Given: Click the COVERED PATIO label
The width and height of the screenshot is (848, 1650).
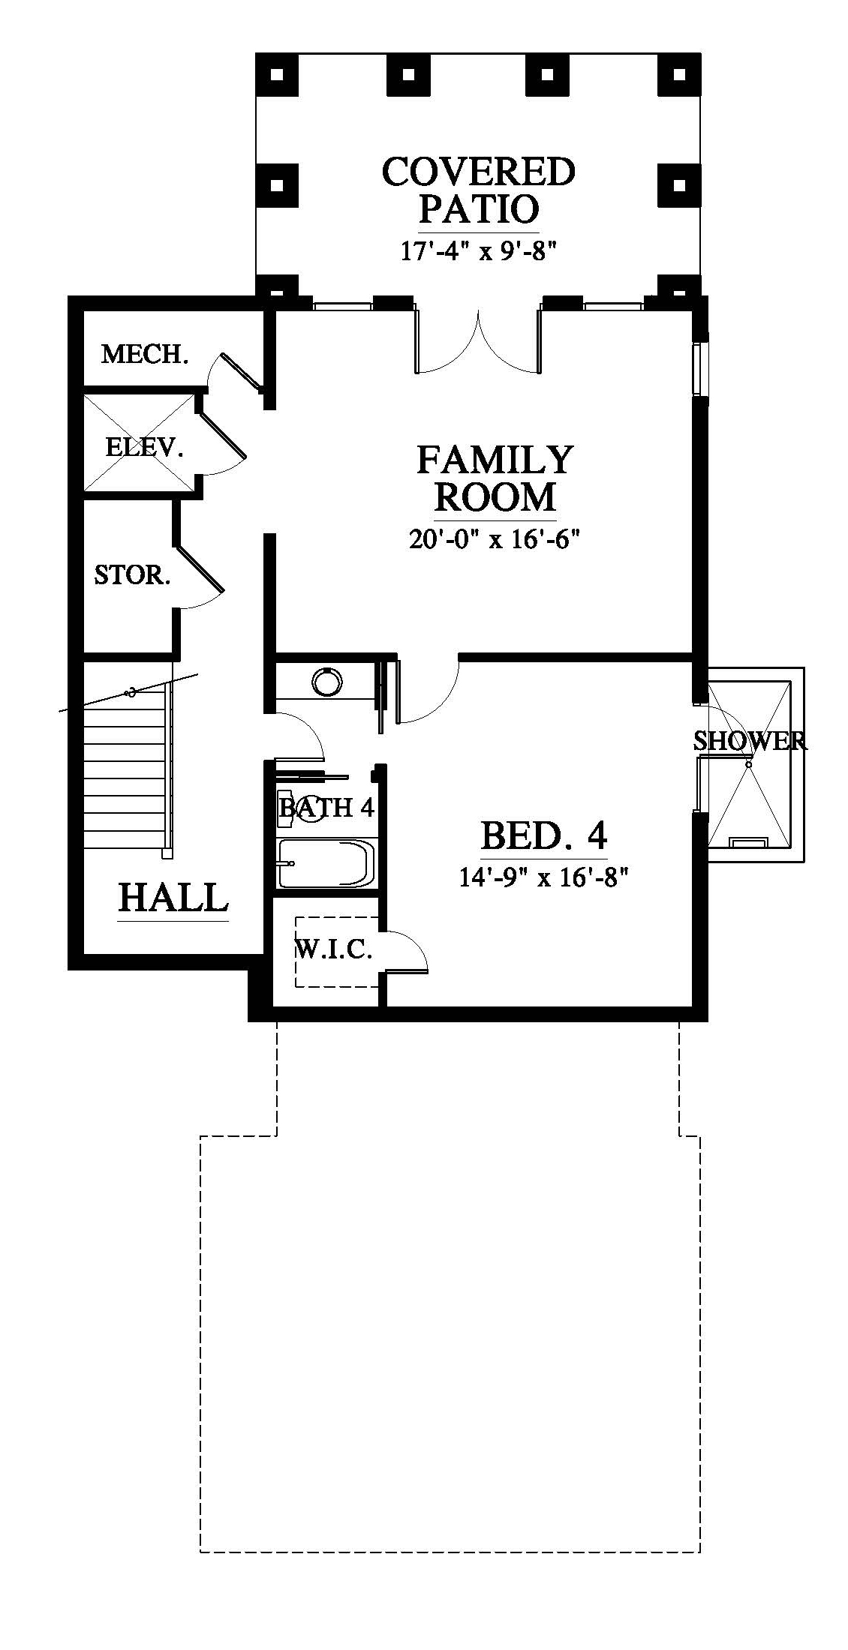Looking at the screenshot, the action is click(x=479, y=190).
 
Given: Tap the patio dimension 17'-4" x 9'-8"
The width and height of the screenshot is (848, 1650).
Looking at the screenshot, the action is click(x=478, y=251).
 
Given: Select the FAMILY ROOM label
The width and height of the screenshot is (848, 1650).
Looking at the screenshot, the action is click(x=495, y=478).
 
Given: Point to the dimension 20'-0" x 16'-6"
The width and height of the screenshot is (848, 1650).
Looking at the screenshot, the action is click(x=495, y=539).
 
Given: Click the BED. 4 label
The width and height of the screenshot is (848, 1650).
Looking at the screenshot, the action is click(x=544, y=834).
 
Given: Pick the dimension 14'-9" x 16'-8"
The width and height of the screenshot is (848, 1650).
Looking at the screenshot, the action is click(x=543, y=876).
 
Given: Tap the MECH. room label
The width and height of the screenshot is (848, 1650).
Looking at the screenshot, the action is click(x=144, y=354).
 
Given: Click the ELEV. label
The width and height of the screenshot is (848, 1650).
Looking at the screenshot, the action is click(x=144, y=448).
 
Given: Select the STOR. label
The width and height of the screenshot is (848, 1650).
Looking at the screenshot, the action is click(x=132, y=575).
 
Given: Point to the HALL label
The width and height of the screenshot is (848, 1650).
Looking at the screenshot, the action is click(x=173, y=897).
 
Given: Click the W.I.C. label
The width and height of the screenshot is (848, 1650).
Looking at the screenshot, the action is click(x=334, y=950).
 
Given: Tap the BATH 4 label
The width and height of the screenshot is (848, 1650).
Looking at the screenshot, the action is click(x=326, y=808).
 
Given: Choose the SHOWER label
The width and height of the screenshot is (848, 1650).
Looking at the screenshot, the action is click(x=750, y=741).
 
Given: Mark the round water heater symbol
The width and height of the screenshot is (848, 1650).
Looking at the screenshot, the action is click(x=327, y=682).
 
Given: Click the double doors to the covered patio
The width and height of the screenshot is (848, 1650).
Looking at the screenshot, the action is click(x=478, y=341).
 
